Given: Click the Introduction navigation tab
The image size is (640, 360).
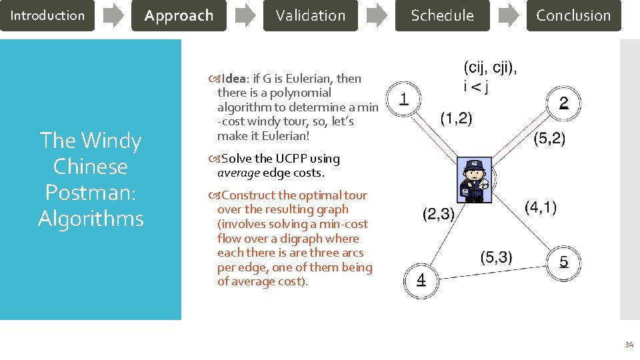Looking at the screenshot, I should tap(47, 15).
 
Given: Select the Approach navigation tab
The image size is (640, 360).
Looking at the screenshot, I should tap(179, 15).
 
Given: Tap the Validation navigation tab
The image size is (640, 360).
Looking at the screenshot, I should tap(311, 15).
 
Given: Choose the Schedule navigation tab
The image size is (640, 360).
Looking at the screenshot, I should tap(442, 15).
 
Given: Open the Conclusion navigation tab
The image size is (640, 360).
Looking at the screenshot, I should tap(573, 15).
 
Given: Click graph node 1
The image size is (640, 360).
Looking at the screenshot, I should tap(403, 99).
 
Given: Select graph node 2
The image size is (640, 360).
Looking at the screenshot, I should tap(563, 103).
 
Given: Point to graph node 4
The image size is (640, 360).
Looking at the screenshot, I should tap(421, 279).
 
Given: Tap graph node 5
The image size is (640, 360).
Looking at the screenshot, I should tap(563, 261).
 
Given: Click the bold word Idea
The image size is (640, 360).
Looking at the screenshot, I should tap(235, 79).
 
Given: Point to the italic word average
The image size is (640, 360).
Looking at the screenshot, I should tap(239, 173).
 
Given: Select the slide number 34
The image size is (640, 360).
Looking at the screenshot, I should tap(628, 345).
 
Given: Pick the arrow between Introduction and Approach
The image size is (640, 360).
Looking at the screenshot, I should tap(113, 15).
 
